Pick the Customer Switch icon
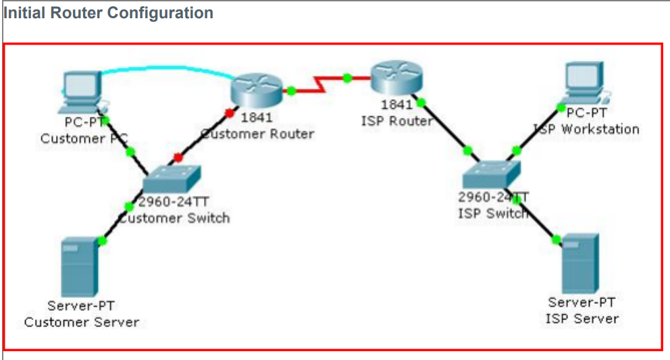(x=172, y=179)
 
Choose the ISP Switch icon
(x=492, y=174)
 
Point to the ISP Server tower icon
(x=579, y=263)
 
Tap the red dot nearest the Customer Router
(x=230, y=111)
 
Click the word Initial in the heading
(x=26, y=12)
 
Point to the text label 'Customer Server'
(x=81, y=322)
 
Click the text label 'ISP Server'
(x=582, y=318)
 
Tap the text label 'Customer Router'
(x=258, y=134)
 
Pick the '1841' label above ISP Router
(x=396, y=105)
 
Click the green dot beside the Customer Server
(x=102, y=240)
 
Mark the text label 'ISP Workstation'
(x=586, y=128)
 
